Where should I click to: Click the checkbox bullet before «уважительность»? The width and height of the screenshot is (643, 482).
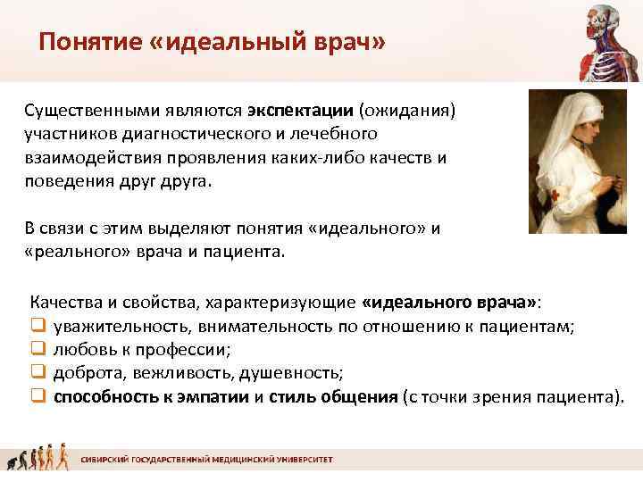38,328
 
